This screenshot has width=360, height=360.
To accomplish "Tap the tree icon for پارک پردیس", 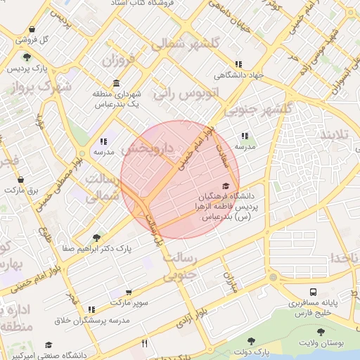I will pos(27,57).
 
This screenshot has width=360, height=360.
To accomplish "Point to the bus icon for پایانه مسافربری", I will pos(312,292).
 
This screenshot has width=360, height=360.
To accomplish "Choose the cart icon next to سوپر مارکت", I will pos(129,292).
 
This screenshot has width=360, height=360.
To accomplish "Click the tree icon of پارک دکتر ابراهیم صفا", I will pos(96,238).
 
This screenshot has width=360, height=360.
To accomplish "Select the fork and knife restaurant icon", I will pos(145,344).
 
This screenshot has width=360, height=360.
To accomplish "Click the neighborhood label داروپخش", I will pos(147,150).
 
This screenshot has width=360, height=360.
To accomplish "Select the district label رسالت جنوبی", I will pos(183,267).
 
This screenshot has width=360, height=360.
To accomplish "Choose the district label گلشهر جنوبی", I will pos(257,110).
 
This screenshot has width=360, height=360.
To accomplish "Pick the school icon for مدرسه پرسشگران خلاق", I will pos(91,309).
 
